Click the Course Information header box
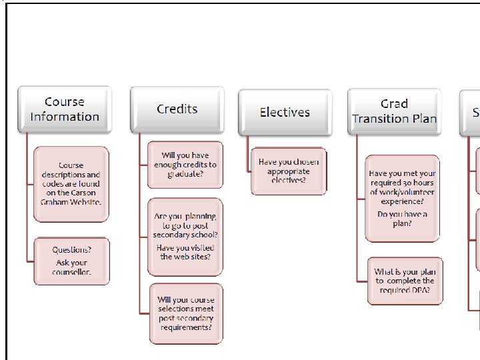64,109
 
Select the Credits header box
177,109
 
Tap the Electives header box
285,112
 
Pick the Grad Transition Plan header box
394,111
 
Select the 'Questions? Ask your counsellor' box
71,261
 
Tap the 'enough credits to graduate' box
185,165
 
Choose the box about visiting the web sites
185,237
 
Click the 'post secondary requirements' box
185,313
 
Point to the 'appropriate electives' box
289,171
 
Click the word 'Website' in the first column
85,201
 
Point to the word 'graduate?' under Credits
185,174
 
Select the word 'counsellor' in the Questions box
71,272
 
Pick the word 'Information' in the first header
64,117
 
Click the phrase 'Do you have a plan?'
402,219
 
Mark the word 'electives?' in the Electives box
288,180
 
